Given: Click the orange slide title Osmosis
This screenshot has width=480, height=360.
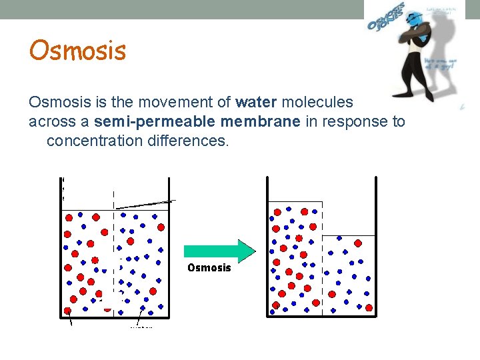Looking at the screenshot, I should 77,51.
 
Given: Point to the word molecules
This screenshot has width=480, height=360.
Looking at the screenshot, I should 317,103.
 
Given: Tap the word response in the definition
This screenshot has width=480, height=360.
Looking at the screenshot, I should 358,122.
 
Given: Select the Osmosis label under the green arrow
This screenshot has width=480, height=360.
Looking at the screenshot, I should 209,268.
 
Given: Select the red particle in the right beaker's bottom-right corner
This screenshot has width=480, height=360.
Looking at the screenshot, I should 369,307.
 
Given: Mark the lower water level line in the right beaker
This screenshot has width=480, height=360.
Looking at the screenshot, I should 349,236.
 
